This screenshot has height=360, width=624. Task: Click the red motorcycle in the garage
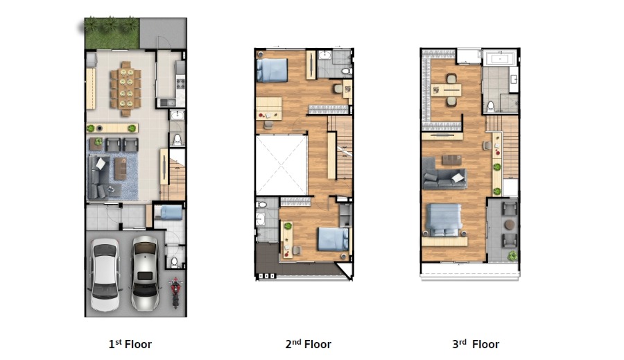(x=175, y=293)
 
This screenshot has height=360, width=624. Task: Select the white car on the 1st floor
(x=105, y=275)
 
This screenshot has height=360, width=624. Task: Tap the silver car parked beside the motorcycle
(x=145, y=273)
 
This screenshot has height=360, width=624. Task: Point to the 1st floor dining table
(x=125, y=88)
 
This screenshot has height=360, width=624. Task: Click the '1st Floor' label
(x=130, y=344)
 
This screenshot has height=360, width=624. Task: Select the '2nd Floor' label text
(x=308, y=344)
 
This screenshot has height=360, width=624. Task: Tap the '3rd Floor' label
(x=476, y=344)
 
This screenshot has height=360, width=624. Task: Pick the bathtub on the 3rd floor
(x=499, y=58)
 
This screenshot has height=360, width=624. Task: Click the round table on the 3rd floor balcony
(x=510, y=225)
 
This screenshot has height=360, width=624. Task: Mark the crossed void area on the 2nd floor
(x=281, y=164)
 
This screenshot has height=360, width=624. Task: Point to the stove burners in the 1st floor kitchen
(x=180, y=84)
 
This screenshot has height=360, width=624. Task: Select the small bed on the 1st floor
(x=168, y=212)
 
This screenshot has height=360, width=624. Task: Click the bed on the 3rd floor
(x=444, y=220)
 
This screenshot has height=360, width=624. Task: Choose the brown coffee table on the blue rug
(x=120, y=169)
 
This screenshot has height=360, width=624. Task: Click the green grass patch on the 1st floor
(x=112, y=33)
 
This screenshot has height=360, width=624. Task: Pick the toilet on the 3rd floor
(x=491, y=107)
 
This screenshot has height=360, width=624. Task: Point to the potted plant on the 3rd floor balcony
(x=512, y=255)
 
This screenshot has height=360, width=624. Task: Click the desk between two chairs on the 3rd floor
(x=447, y=90)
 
